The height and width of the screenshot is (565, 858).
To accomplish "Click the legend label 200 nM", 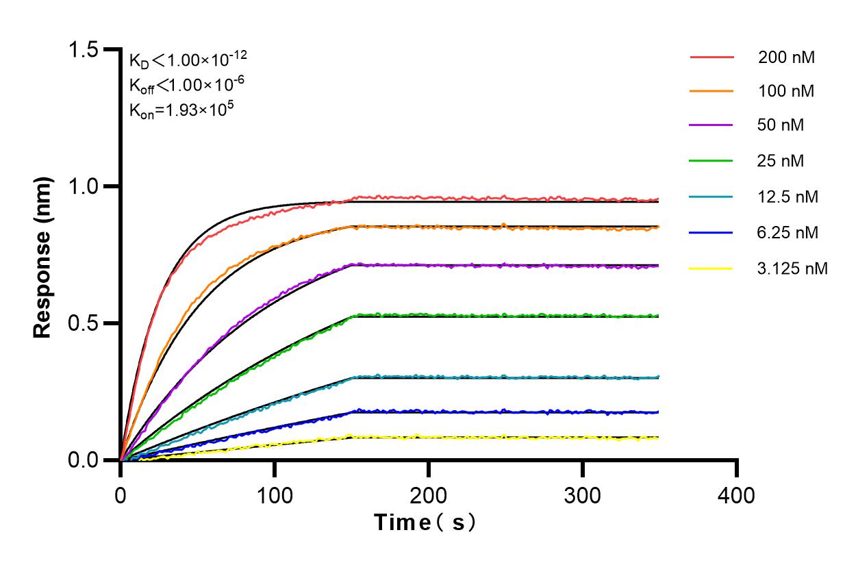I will [786, 58].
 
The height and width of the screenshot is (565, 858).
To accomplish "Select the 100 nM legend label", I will [786, 91].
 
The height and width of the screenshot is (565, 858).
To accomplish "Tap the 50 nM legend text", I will [781, 126].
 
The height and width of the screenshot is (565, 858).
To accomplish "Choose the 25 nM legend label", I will [781, 162].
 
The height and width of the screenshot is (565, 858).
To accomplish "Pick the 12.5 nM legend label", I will [788, 197].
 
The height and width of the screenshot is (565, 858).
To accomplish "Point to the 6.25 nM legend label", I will [788, 233].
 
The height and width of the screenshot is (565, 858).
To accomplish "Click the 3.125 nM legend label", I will [793, 268].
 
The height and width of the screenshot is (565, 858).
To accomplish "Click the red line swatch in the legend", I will [711, 57].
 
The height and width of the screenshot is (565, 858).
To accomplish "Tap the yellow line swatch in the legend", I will [711, 268].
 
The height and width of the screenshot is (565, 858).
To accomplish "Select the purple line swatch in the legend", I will [711, 126].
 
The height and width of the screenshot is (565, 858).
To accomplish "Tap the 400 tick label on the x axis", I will [737, 494].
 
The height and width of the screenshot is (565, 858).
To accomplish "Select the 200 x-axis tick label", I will [429, 494].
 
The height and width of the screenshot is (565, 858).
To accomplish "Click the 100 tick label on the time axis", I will [275, 494].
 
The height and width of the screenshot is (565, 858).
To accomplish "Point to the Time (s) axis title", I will [425, 523].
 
